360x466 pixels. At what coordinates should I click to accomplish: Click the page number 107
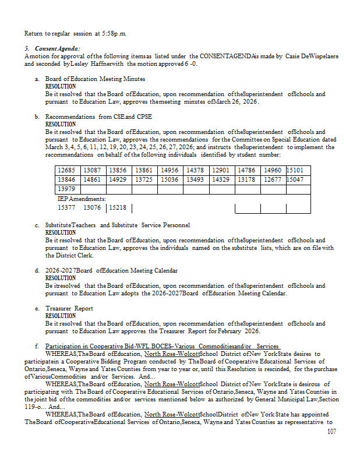[331, 432]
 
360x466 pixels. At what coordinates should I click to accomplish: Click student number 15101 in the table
[298, 170]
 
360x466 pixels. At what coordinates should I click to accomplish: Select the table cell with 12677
[272, 179]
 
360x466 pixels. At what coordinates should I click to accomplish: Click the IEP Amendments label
[82, 199]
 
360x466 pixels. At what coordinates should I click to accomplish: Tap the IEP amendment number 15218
[119, 207]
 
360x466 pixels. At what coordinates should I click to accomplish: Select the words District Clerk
[72, 255]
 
